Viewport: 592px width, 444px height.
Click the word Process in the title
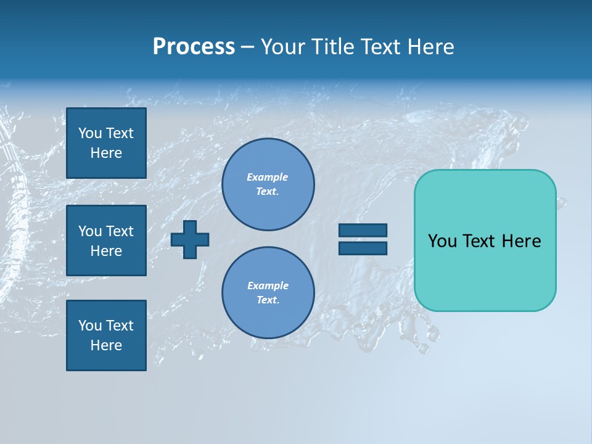pos(194,47)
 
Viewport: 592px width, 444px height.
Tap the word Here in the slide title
pos(429,47)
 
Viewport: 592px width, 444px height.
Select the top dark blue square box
pos(106,143)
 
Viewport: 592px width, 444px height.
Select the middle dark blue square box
pos(106,240)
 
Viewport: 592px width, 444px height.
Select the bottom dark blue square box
pos(106,335)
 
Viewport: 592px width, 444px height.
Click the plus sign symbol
pos(190,240)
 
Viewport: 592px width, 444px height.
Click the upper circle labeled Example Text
pos(268,184)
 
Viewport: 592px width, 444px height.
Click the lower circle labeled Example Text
pos(268,293)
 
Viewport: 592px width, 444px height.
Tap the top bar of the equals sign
pos(363,230)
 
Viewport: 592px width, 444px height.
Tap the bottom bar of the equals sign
pos(363,248)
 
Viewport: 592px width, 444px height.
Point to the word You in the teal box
pos(442,241)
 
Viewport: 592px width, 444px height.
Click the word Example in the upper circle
pos(268,177)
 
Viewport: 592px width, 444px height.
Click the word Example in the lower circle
pos(268,286)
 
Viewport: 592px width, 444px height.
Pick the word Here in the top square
pos(106,153)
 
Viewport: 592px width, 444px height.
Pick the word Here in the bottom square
pos(106,345)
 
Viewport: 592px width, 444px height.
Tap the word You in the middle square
pos(90,231)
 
